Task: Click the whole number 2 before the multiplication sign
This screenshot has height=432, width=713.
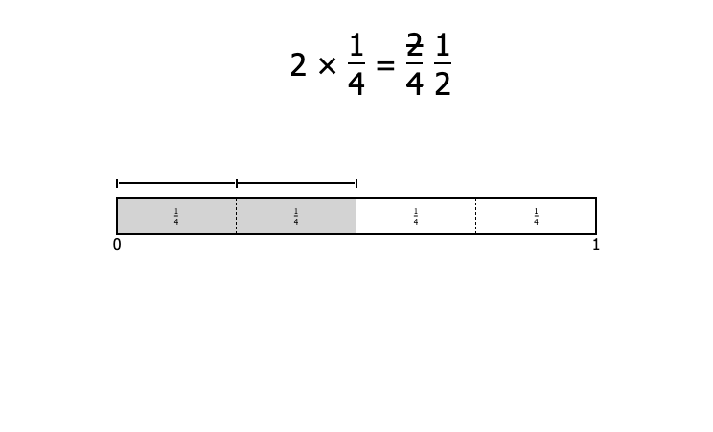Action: click(x=298, y=65)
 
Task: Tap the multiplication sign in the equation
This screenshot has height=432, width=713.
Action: click(x=327, y=66)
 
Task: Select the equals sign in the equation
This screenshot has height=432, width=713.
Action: click(x=385, y=66)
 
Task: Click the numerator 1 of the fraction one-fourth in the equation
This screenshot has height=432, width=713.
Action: click(x=356, y=45)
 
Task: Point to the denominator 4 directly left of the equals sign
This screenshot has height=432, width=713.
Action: click(x=356, y=84)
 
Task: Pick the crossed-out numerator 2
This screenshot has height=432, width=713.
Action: click(x=414, y=45)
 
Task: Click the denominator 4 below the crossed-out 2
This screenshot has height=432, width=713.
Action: click(x=414, y=84)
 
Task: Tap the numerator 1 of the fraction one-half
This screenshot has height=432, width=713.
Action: click(x=443, y=45)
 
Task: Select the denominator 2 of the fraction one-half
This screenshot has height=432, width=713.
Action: click(x=443, y=84)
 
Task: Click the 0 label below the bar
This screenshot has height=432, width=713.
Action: click(x=117, y=245)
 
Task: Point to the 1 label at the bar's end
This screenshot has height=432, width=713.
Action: click(x=596, y=245)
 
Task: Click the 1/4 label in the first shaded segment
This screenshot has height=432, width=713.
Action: click(x=176, y=216)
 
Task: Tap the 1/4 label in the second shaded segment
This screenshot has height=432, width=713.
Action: click(x=296, y=216)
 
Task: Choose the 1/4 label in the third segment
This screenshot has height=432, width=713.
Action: click(x=416, y=216)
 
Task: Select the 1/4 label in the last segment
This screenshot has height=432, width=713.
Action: click(x=536, y=216)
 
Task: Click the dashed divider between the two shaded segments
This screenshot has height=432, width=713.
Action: click(x=237, y=216)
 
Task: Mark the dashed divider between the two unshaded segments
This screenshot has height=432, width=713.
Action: click(x=476, y=216)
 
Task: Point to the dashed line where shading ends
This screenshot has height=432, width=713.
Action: click(x=356, y=216)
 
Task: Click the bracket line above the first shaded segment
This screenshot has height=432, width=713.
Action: click(x=177, y=183)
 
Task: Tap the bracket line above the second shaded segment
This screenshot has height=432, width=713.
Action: click(x=296, y=183)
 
